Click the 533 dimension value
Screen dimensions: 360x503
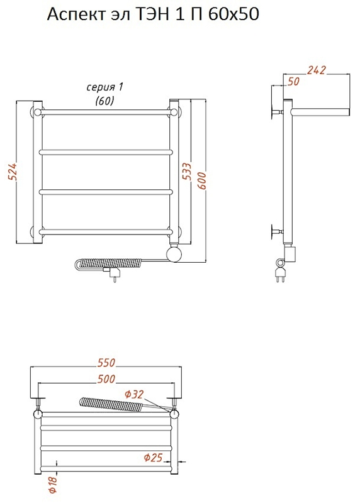click(x=187, y=172)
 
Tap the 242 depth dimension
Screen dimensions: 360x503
click(x=316, y=70)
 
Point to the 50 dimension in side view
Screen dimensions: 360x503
click(x=293, y=82)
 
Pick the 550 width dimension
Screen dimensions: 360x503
click(x=106, y=363)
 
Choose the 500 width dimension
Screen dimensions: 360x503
click(x=106, y=379)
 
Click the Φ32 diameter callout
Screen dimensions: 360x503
click(x=133, y=394)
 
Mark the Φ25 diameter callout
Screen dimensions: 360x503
click(x=153, y=458)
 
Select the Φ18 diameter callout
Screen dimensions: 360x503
click(x=53, y=484)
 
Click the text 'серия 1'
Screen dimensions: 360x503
click(x=104, y=87)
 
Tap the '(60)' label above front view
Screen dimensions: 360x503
click(x=104, y=101)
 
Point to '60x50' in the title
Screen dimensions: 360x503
click(x=233, y=14)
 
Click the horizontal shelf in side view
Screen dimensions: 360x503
click(x=320, y=112)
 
